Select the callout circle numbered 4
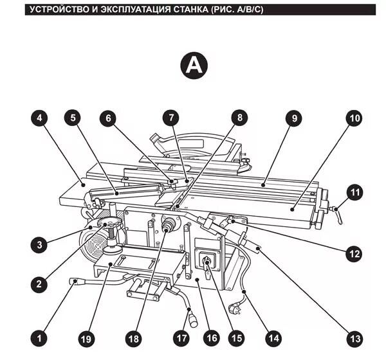click(x=40, y=118)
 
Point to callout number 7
click(x=170, y=118)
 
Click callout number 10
click(x=354, y=118)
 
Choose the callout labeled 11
click(x=354, y=192)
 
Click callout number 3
click(x=40, y=244)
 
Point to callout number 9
click(x=293, y=118)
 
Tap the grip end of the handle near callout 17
click(x=192, y=317)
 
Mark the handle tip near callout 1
click(x=74, y=281)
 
